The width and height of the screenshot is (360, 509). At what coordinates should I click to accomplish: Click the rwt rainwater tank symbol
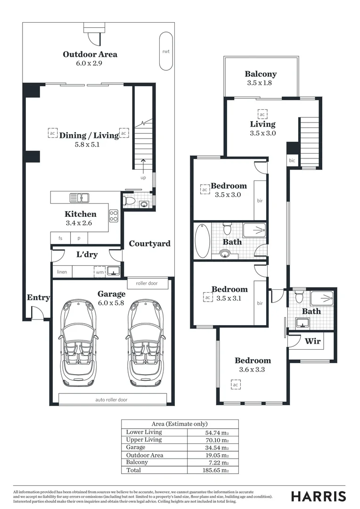(166, 51)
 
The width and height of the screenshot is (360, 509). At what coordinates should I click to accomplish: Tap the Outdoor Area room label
(90, 54)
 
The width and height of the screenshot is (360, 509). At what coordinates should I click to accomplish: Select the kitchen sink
(80, 197)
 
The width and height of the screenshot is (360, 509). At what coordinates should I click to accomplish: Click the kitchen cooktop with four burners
(114, 216)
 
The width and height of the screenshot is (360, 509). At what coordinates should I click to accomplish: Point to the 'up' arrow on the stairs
(143, 165)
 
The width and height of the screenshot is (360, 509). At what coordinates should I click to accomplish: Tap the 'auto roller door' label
(111, 400)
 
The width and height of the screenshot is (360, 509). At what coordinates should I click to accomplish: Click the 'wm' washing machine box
(99, 272)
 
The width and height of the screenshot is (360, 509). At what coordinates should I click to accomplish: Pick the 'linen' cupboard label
(62, 272)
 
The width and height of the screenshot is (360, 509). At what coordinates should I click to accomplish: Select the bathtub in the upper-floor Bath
(202, 241)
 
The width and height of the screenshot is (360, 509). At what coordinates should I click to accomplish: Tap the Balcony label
(261, 74)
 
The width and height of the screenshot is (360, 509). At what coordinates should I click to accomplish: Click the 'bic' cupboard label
(292, 161)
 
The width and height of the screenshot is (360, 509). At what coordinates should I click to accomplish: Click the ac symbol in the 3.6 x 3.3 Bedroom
(235, 385)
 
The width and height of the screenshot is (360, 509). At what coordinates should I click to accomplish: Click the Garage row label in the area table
(136, 447)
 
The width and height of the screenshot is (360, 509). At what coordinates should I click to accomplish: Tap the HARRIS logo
(318, 496)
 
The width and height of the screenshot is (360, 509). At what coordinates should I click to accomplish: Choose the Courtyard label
(149, 244)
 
